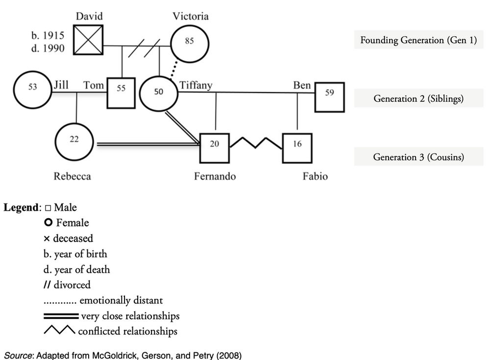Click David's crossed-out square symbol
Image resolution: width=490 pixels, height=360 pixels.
coord(89,40)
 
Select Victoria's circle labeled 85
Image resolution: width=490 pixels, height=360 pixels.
coord(189,42)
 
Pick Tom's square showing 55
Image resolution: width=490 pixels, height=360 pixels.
coord(121,89)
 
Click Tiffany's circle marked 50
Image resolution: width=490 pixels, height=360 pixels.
coord(159,93)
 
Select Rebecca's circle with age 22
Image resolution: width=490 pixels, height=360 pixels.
coord(73,140)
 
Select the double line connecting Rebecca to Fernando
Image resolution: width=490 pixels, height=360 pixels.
coord(147,144)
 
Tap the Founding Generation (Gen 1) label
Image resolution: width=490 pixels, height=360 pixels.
coord(418,40)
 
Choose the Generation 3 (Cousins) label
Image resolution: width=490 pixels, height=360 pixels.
coord(418,157)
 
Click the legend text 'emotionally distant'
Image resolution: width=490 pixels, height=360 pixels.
coord(121,300)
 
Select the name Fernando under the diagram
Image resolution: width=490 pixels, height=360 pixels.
coord(215,176)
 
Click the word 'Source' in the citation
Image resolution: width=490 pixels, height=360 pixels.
coord(17,355)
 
